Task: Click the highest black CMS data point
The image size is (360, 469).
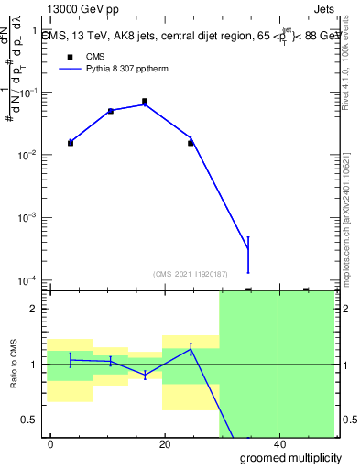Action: coord(145,101)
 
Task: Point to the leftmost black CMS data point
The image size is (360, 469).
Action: coord(71,143)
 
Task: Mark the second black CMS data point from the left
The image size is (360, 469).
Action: coord(110,111)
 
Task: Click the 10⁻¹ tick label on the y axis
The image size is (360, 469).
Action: coord(31,93)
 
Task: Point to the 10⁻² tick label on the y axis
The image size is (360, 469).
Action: coord(31,156)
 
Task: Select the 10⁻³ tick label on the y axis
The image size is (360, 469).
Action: coord(31,218)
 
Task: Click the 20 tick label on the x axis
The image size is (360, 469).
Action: coord(164,443)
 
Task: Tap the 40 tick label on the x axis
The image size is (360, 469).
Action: coord(278,443)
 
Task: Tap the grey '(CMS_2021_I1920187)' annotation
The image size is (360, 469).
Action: coord(190,274)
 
